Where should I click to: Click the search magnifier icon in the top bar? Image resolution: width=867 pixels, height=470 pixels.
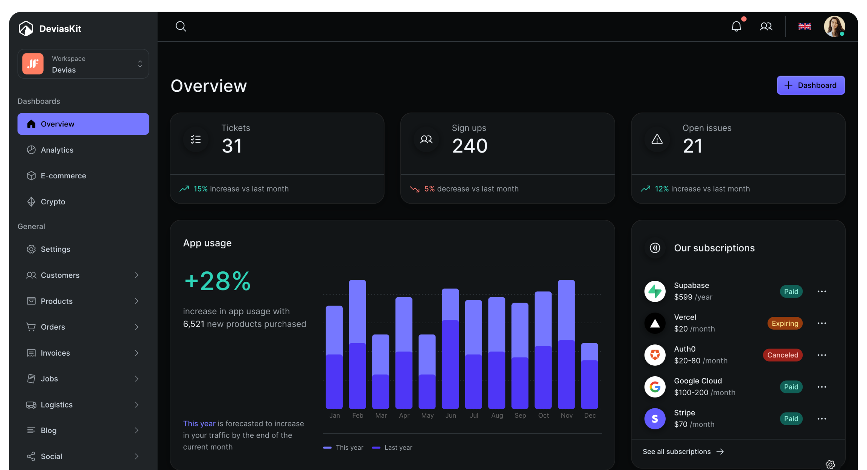click(181, 26)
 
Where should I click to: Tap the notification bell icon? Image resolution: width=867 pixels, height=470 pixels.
click(736, 26)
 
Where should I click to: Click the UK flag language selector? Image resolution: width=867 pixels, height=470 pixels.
click(805, 26)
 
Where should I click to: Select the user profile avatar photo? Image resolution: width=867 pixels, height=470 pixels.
click(834, 26)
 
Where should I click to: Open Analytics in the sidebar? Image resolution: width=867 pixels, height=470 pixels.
click(57, 150)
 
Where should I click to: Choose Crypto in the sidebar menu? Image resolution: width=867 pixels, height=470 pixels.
click(53, 202)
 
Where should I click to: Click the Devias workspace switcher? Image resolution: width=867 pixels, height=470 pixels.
click(83, 64)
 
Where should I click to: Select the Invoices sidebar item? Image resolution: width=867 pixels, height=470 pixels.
click(55, 353)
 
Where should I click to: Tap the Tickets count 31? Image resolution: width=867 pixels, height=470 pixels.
click(232, 146)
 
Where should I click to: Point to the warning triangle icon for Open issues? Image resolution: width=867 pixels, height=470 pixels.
click(657, 140)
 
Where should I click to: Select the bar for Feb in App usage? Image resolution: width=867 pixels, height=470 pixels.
click(357, 344)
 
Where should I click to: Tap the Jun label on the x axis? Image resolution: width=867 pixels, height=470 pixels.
click(450, 415)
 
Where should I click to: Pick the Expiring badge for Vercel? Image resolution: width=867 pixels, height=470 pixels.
click(785, 323)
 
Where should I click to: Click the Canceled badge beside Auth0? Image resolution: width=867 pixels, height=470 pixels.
click(782, 355)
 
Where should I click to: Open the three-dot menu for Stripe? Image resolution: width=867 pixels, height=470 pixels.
click(821, 418)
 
